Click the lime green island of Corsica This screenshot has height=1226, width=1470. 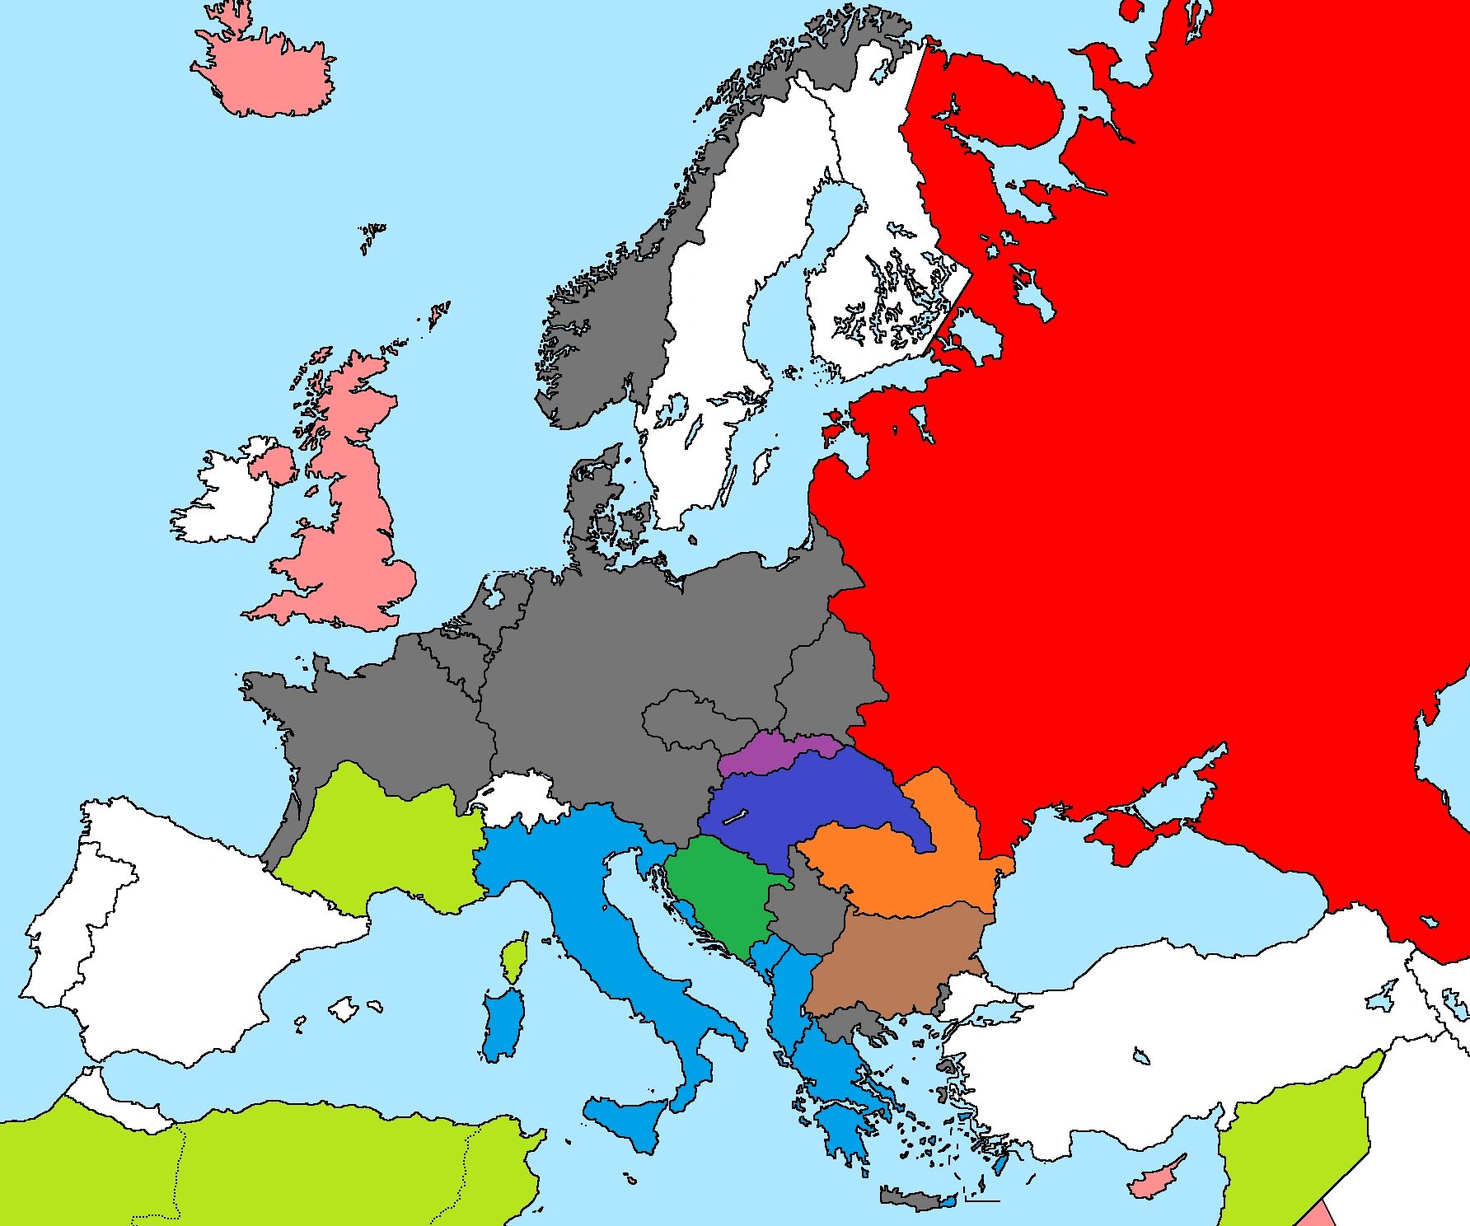click(x=514, y=960)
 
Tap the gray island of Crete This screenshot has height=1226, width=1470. click(x=915, y=1197)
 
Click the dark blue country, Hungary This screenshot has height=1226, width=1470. click(x=816, y=803)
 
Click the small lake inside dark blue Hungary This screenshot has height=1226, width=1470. click(x=734, y=817)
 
